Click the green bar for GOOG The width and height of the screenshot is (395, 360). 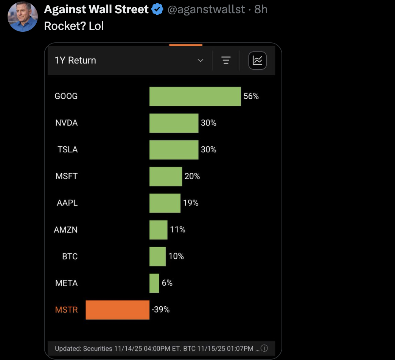pyautogui.click(x=195, y=96)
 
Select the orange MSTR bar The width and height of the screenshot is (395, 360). pyautogui.click(x=118, y=310)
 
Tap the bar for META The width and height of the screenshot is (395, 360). pyautogui.click(x=154, y=283)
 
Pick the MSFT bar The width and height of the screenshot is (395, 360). pyautogui.click(x=166, y=177)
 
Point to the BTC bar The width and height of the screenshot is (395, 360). pyautogui.click(x=157, y=256)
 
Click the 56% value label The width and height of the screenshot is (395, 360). pyautogui.click(x=251, y=96)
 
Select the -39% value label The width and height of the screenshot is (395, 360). pyautogui.click(x=161, y=310)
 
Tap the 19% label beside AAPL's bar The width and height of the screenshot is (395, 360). pyautogui.click(x=191, y=203)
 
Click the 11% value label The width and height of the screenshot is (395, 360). pyautogui.click(x=177, y=230)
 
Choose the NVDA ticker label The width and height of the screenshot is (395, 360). pyautogui.click(x=67, y=123)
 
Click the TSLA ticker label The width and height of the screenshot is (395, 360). pyautogui.click(x=68, y=150)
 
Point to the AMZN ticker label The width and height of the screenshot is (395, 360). pyautogui.click(x=66, y=230)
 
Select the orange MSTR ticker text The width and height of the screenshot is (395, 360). pyautogui.click(x=66, y=310)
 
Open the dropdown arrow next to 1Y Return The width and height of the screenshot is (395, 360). pyautogui.click(x=201, y=61)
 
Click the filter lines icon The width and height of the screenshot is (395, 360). pyautogui.click(x=226, y=61)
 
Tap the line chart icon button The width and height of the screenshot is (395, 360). pyautogui.click(x=257, y=61)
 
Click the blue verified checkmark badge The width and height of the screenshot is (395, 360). pyautogui.click(x=157, y=10)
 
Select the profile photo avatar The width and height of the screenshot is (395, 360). pyautogui.click(x=23, y=17)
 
